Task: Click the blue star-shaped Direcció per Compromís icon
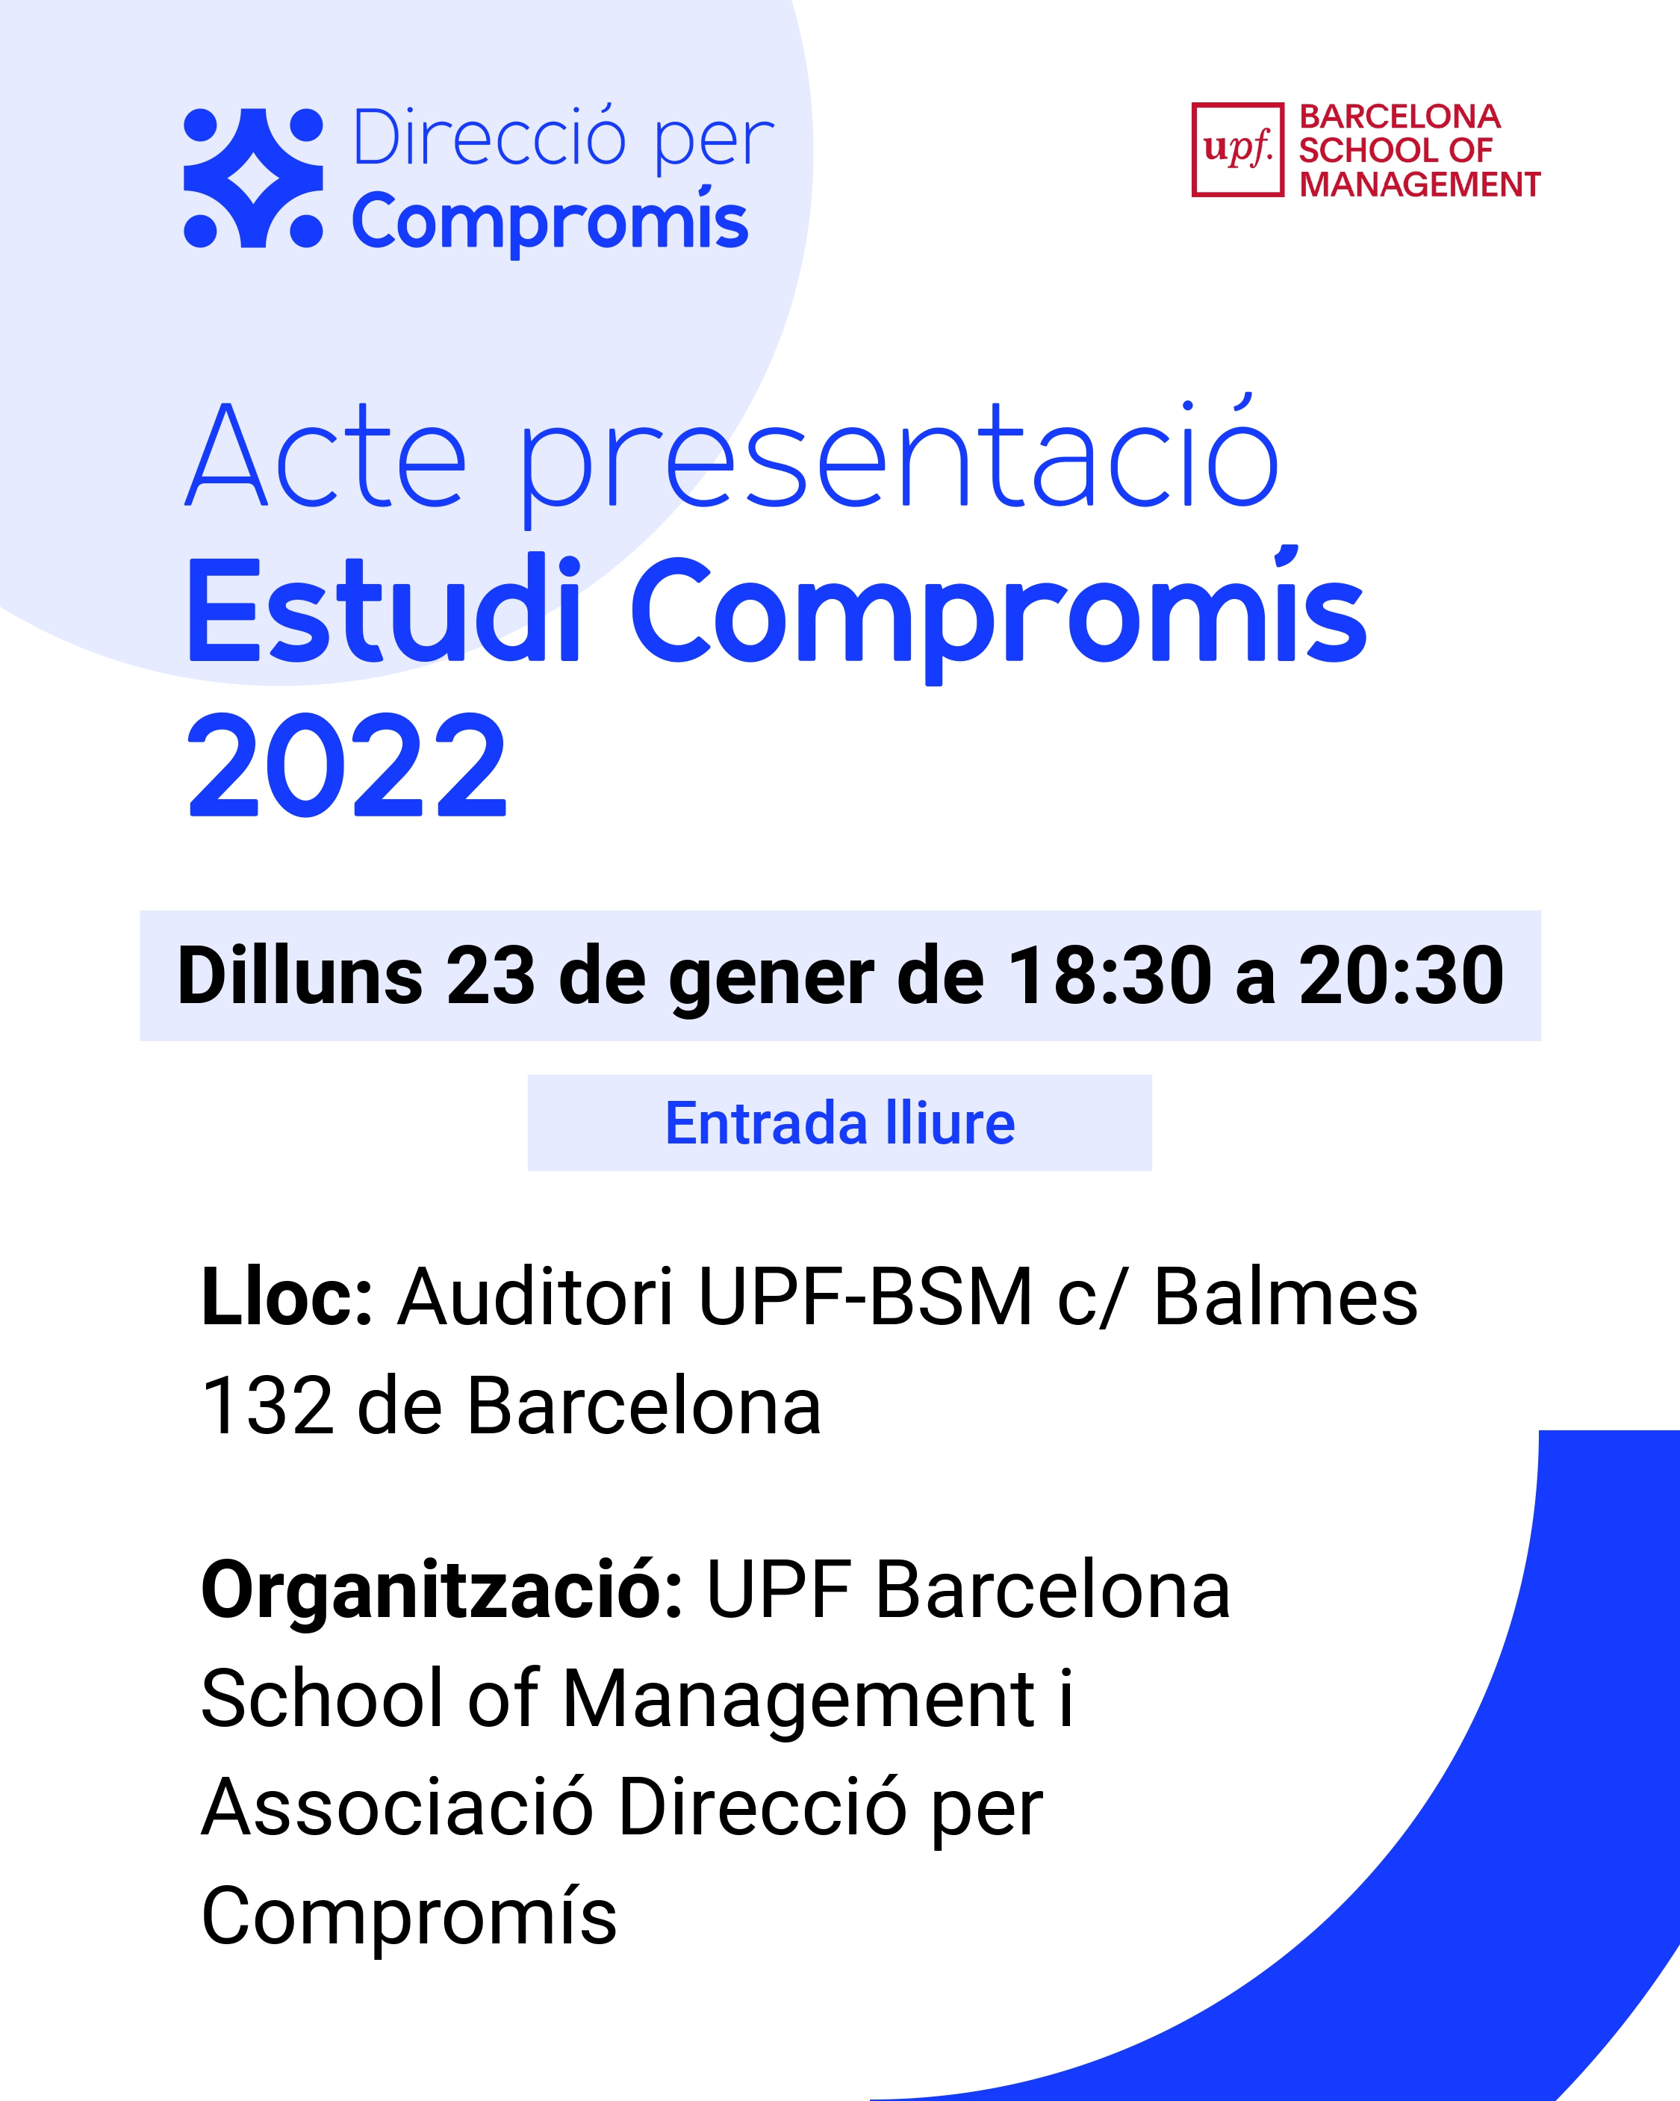coord(253,177)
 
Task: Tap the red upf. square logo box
coord(1237,150)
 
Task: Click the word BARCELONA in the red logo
coord(1399,117)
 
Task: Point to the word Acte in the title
coord(326,456)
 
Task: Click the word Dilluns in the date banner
coord(300,975)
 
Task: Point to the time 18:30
coord(1110,975)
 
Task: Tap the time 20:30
coord(1401,975)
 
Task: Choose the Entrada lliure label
coord(840,1123)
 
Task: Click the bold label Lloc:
coord(287,1297)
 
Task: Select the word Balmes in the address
coord(1285,1297)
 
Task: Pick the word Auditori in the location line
coord(535,1297)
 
